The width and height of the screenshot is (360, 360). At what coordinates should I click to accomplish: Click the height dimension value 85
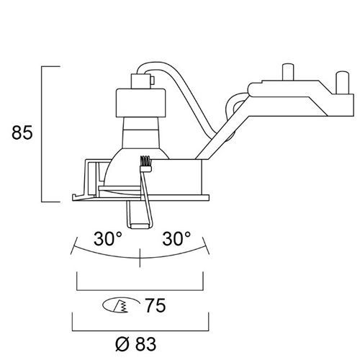pyautogui.click(x=22, y=132)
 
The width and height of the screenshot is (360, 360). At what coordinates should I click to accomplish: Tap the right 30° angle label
pyautogui.click(x=176, y=238)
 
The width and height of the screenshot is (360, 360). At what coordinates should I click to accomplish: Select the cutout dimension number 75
pyautogui.click(x=156, y=305)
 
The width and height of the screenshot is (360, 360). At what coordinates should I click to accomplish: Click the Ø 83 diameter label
pyautogui.click(x=135, y=344)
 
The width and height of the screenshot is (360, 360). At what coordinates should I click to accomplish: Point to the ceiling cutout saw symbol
pyautogui.click(x=121, y=305)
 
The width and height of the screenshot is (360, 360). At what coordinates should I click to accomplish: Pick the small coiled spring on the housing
pyautogui.click(x=145, y=161)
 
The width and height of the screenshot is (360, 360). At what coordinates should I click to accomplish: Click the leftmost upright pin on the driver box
pyautogui.click(x=288, y=71)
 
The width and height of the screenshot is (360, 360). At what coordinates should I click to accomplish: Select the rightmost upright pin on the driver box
pyautogui.click(x=343, y=82)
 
